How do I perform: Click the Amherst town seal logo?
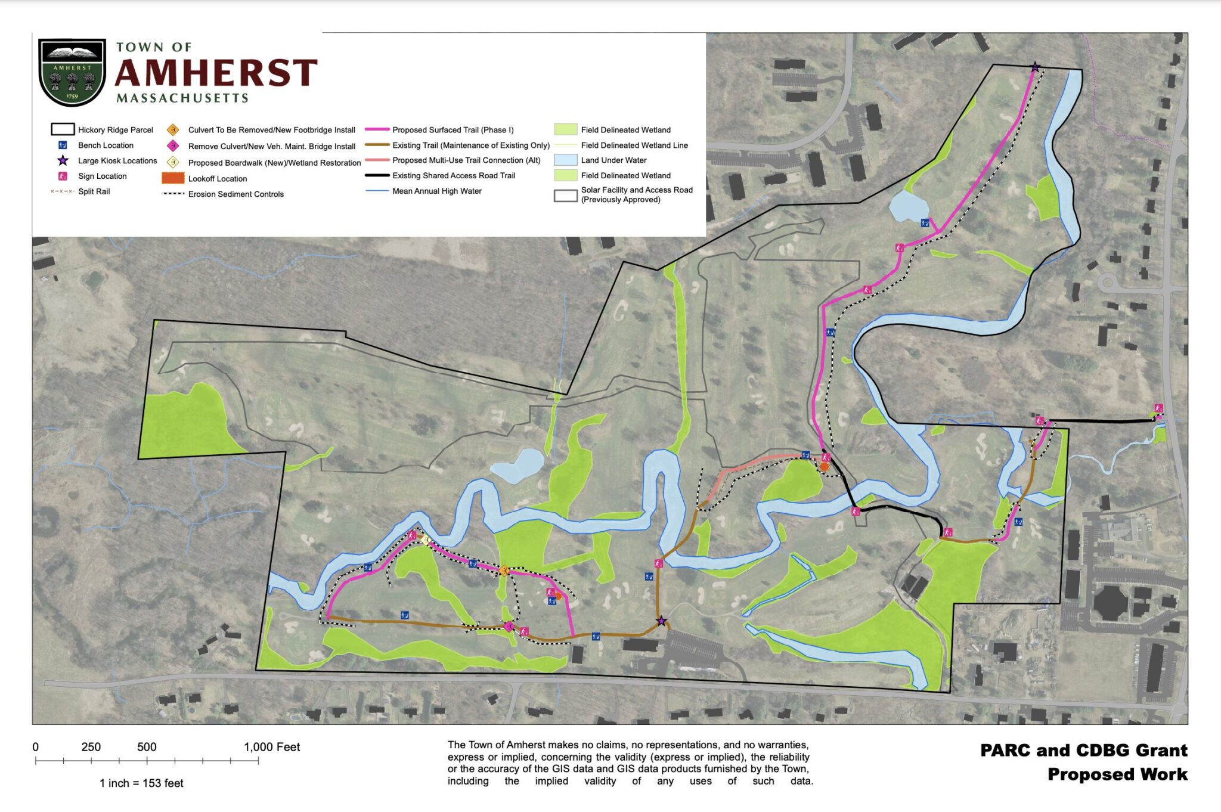(x=72, y=72)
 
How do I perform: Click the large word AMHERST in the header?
(x=216, y=73)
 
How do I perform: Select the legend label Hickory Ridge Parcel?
(x=115, y=130)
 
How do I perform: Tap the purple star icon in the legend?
(x=63, y=160)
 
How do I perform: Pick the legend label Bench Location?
(x=106, y=145)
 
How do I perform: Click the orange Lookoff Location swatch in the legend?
(x=173, y=178)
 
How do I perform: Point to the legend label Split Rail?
(x=94, y=191)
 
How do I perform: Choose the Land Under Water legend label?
(x=613, y=160)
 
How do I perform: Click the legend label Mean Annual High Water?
(x=436, y=191)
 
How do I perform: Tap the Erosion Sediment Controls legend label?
(x=235, y=194)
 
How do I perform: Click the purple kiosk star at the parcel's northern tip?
(x=1035, y=67)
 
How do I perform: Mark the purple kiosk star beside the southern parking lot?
(x=661, y=621)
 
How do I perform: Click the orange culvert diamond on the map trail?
(x=504, y=571)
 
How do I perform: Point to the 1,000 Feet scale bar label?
(x=272, y=747)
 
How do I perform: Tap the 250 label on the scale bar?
(x=91, y=747)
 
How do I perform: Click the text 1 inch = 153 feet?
(x=141, y=783)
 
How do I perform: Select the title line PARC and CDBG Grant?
(x=1083, y=750)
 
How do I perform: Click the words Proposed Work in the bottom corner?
(x=1117, y=774)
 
